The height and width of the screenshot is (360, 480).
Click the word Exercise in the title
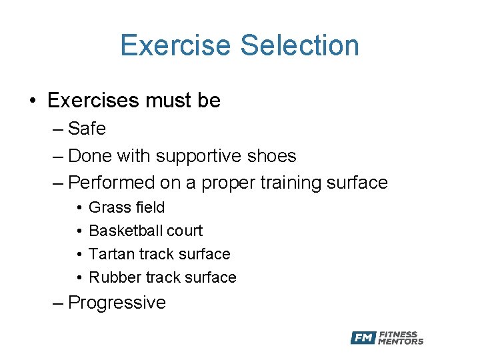[176, 45]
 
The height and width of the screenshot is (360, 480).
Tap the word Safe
[87, 128]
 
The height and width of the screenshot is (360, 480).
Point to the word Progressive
[117, 303]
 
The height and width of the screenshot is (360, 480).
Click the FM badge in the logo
[363, 338]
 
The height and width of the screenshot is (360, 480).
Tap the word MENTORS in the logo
[401, 342]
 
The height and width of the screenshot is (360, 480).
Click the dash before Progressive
[58, 303]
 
